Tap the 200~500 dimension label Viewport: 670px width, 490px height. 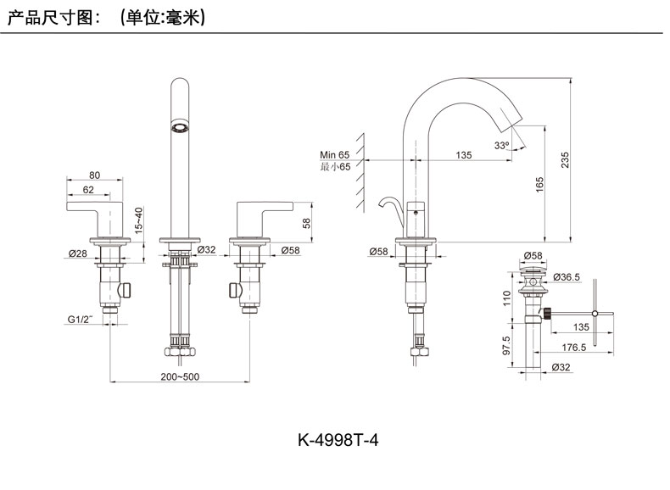(x=181, y=376)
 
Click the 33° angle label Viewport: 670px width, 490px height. (x=502, y=147)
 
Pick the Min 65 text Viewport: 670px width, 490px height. (x=334, y=155)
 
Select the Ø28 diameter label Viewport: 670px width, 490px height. (x=78, y=252)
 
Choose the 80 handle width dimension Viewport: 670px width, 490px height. (x=95, y=175)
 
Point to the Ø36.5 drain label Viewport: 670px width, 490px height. (x=566, y=277)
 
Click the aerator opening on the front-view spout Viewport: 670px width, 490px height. (x=179, y=129)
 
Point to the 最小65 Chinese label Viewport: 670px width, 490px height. (x=334, y=167)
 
